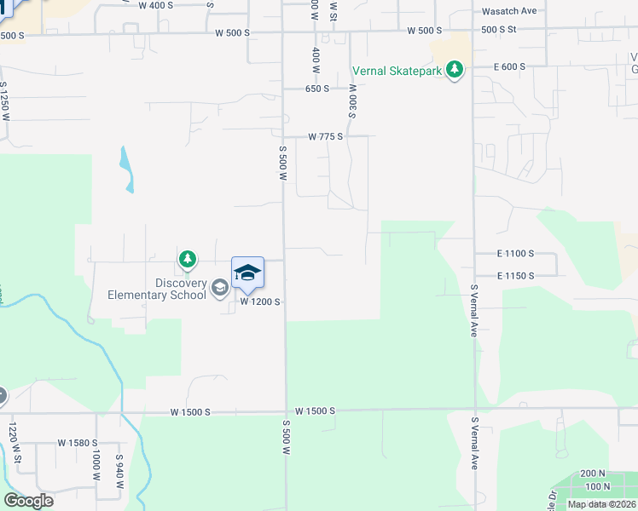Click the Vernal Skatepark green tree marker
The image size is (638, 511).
coord(455,70)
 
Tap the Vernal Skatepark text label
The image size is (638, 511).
coord(397,71)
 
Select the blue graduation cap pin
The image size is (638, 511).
coord(247,273)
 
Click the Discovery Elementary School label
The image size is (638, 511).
coord(157,290)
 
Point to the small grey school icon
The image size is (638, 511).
coord(219,288)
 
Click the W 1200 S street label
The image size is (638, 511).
coord(260,302)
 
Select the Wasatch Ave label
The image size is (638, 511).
coord(509,11)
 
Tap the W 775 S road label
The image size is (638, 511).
coord(325,136)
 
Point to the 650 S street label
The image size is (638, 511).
coord(317,89)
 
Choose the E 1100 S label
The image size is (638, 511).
coord(515,254)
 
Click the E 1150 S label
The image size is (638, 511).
coord(515,276)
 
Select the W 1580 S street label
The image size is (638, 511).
coord(78,443)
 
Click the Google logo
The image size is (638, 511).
coord(28,501)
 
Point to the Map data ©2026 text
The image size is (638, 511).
coord(602,504)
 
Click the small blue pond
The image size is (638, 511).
coord(127,169)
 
